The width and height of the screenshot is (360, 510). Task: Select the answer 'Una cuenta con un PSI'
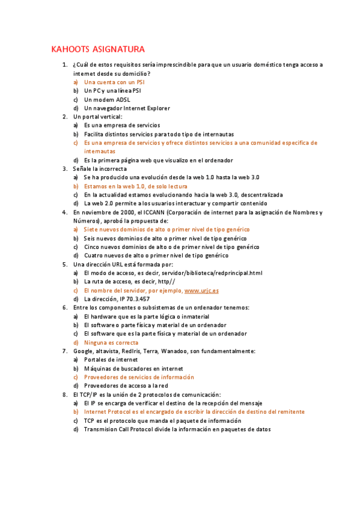pyautogui.click(x=114, y=82)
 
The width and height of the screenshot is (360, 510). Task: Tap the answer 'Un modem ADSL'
pyautogui.click(x=107, y=99)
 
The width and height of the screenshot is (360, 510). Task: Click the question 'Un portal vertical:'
pyautogui.click(x=97, y=117)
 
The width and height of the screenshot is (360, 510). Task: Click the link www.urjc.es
pyautogui.click(x=201, y=290)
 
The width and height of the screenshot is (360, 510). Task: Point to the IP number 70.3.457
pyautogui.click(x=138, y=298)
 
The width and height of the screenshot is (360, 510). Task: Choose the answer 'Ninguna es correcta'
pyautogui.click(x=111, y=342)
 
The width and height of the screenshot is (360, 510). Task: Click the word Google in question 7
pyautogui.click(x=83, y=351)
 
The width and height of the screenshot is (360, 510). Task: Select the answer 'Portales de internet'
pyautogui.click(x=111, y=360)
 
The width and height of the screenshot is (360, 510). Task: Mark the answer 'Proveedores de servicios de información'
pyautogui.click(x=139, y=377)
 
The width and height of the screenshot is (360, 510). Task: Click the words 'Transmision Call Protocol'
pyautogui.click(x=120, y=429)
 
